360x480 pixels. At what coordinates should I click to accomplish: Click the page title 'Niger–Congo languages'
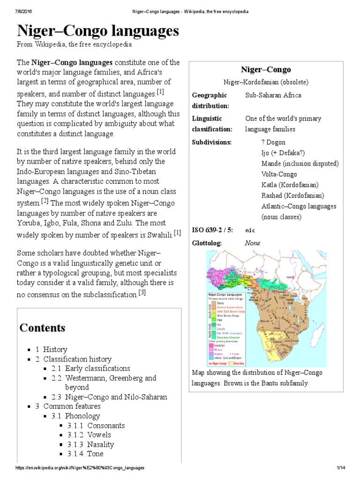(98, 31)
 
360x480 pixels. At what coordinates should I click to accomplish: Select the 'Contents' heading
(42, 327)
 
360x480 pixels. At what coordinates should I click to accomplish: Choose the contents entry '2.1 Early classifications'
(97, 368)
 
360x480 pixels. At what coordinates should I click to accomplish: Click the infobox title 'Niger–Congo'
(266, 69)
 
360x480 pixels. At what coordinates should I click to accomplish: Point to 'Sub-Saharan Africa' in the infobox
(273, 95)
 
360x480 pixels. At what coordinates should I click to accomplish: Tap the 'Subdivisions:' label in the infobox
(212, 142)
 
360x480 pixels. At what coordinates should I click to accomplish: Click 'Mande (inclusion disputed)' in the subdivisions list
(300, 164)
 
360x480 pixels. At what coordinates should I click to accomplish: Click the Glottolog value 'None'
(252, 243)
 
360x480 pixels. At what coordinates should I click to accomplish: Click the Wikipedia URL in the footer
(80, 468)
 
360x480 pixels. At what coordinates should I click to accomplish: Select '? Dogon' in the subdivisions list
(273, 142)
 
